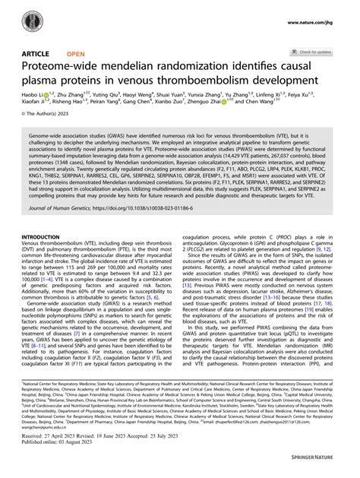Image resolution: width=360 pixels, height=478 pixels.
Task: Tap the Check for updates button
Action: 312,52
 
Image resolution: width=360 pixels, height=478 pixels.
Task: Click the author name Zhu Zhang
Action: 74,98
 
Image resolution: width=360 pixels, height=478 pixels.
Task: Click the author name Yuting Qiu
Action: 112,98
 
